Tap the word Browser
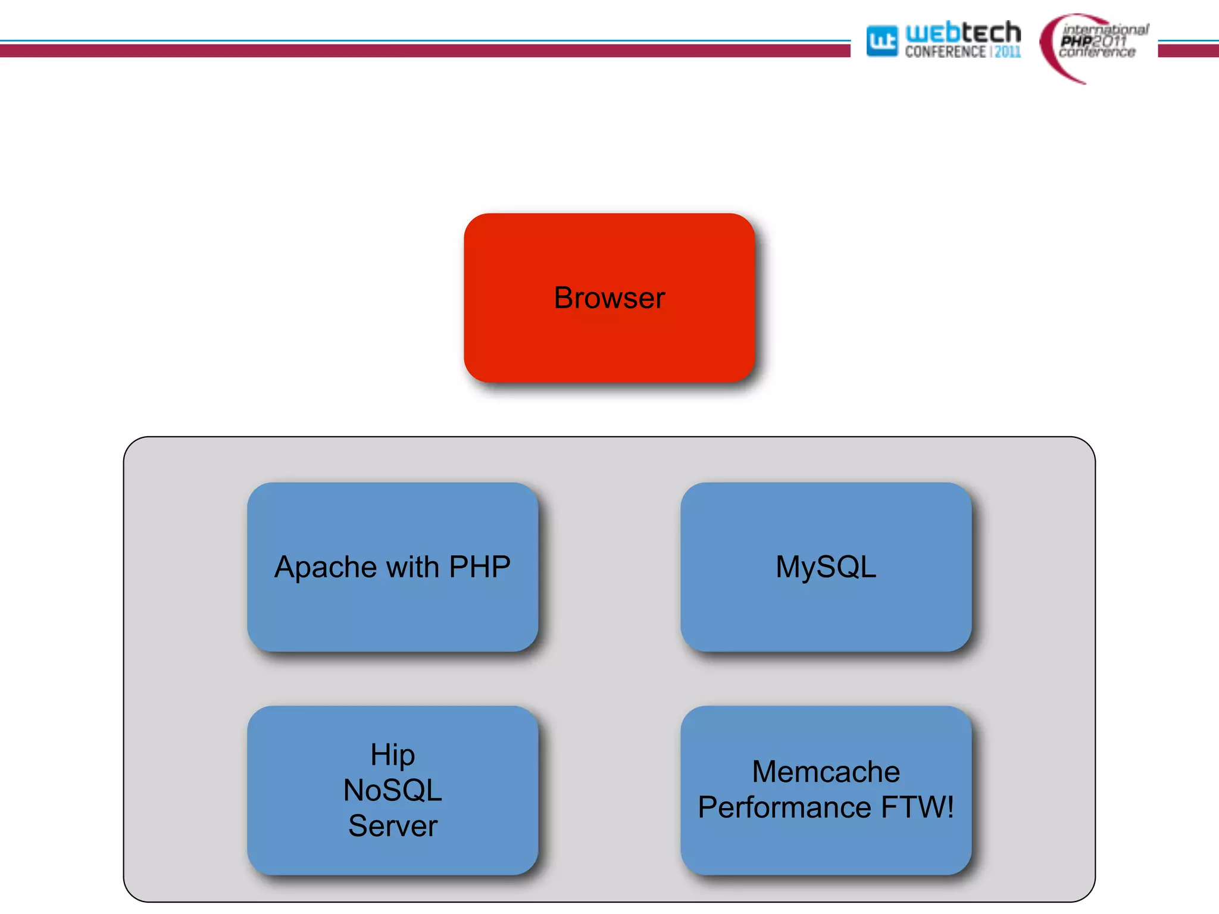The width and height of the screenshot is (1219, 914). coord(609,298)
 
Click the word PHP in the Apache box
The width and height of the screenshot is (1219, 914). coord(480,566)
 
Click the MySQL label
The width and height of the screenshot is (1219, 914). coord(826,566)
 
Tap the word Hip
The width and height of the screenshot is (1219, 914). coord(392,755)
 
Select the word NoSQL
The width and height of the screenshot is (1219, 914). coord(392,790)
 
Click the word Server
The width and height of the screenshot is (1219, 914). coord(392,826)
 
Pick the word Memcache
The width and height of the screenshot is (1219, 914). coord(826,772)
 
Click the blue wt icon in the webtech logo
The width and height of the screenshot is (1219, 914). coord(882,41)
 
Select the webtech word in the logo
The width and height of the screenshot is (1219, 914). coord(962,32)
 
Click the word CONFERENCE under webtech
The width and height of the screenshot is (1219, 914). coord(945,52)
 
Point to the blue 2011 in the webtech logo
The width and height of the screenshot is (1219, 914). coord(1008,52)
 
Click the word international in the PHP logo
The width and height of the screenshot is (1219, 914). coord(1105,29)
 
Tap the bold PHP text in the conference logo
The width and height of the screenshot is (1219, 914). coord(1076,41)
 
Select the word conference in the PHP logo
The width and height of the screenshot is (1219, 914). coord(1097,52)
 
